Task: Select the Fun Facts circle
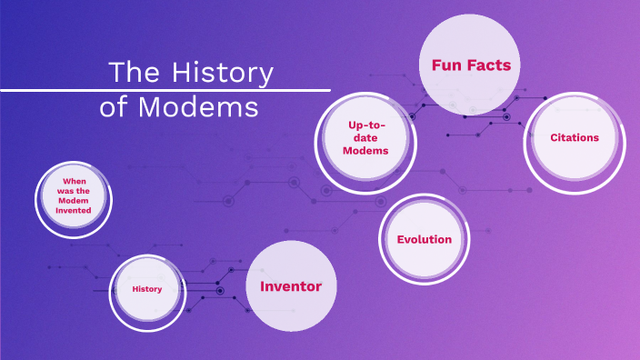[470, 65]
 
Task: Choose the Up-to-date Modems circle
[366, 141]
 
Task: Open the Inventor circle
[291, 286]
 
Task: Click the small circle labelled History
[146, 289]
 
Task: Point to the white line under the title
[165, 90]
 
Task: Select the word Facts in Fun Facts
[488, 65]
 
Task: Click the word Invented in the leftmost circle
[74, 210]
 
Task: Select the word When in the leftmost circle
[74, 181]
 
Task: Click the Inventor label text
[291, 286]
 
